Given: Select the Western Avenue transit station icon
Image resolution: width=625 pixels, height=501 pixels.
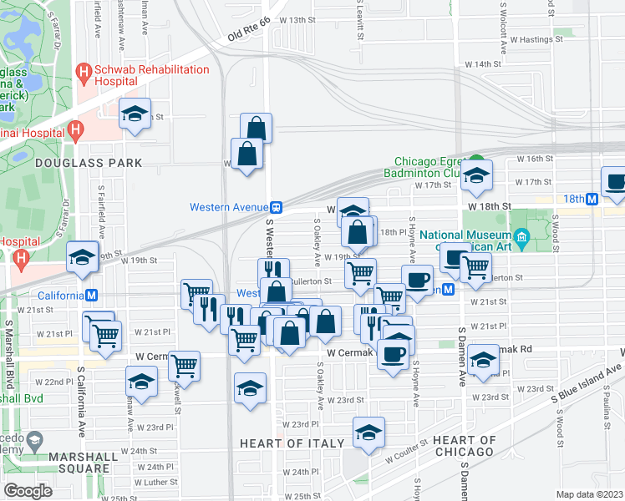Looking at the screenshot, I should click(275, 207).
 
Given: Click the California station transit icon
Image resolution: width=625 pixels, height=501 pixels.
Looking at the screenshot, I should click(92, 295).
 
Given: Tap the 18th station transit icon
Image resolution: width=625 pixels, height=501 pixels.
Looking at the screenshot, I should click(591, 199).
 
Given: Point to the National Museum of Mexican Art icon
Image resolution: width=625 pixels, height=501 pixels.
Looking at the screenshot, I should click(522, 240).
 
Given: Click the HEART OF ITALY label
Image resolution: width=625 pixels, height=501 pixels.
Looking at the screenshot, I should click(292, 443).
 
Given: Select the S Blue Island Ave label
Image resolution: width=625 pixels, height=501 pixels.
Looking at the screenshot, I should click(586, 385).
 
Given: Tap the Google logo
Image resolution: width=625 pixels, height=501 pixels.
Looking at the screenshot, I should click(28, 491).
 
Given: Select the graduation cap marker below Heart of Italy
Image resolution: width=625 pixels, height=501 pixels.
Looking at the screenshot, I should click(368, 432).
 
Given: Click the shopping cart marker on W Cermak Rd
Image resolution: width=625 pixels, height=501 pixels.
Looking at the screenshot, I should click(184, 365).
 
